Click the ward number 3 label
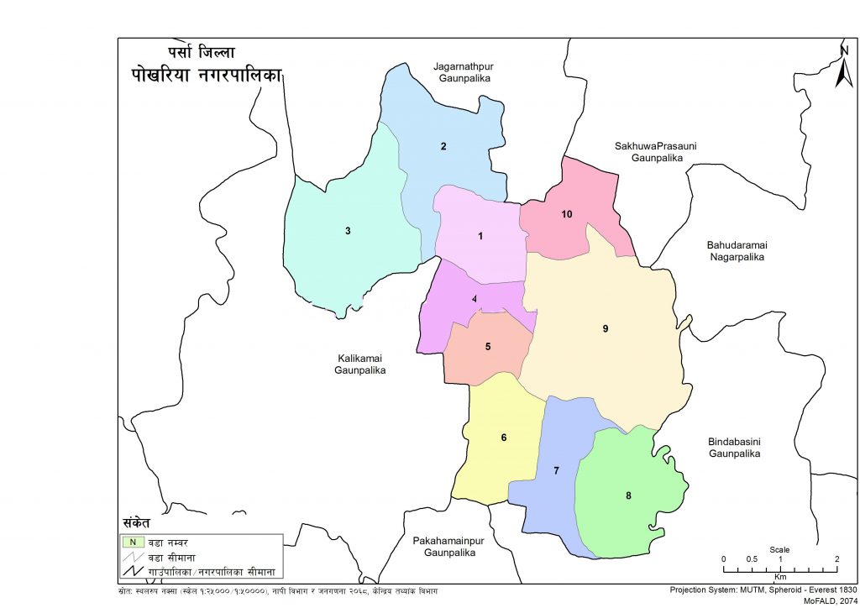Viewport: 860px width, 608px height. point(348,230)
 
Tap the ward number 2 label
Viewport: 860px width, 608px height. point(443,147)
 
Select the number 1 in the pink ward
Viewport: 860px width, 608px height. point(480,236)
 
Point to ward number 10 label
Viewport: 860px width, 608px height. point(567,215)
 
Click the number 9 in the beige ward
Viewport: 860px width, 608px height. point(605,328)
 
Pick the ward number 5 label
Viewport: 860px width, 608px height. point(487,346)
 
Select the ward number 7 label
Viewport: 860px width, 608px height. point(556,471)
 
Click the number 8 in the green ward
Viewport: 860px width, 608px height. point(628,495)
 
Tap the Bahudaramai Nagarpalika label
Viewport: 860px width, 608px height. point(733,250)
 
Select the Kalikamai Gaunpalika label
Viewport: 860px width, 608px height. point(360,364)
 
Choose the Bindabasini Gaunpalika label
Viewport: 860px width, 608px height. point(734,447)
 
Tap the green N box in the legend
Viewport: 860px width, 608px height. point(132,542)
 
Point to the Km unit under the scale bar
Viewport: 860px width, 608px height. point(780,578)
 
